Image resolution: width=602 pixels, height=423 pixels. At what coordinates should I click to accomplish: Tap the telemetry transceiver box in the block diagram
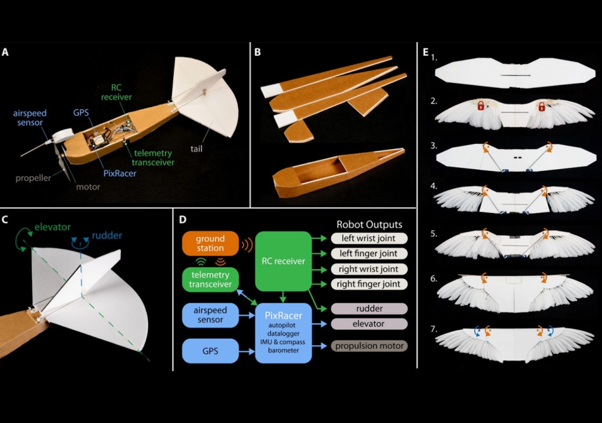pyautogui.click(x=210, y=279)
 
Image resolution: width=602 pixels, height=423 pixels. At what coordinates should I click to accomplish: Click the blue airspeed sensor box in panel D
pyautogui.click(x=210, y=314)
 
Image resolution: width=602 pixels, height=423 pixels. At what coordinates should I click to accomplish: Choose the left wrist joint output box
pyautogui.click(x=368, y=238)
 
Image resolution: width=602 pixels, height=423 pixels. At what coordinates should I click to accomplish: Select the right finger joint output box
pyautogui.click(x=368, y=284)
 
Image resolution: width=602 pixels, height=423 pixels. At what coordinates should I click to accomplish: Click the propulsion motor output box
pyautogui.click(x=368, y=346)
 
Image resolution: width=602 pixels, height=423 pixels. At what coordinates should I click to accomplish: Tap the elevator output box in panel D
pyautogui.click(x=368, y=324)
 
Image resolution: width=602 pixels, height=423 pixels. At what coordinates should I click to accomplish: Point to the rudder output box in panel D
pyautogui.click(x=368, y=309)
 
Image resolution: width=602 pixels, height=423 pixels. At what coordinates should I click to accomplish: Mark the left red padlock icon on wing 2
pyautogui.click(x=482, y=106)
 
